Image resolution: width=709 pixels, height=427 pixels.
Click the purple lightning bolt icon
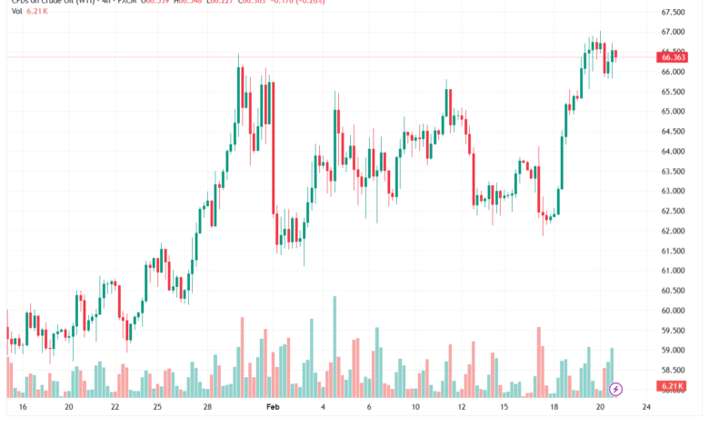tap(616, 389)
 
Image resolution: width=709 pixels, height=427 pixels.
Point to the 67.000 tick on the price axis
tap(674, 32)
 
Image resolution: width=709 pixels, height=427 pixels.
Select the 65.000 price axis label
tap(674, 112)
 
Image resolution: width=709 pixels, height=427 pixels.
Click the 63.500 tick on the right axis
tap(674, 172)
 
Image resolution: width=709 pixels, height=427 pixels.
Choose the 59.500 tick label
tap(674, 331)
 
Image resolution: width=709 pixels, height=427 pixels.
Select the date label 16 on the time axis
tap(22, 409)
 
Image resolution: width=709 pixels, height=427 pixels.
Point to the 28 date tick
tap(207, 409)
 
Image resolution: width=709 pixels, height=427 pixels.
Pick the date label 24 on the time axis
tap(645, 409)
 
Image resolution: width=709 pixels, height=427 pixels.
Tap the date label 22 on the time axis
tap(115, 409)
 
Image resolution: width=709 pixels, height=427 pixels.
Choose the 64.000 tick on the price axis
tap(674, 152)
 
